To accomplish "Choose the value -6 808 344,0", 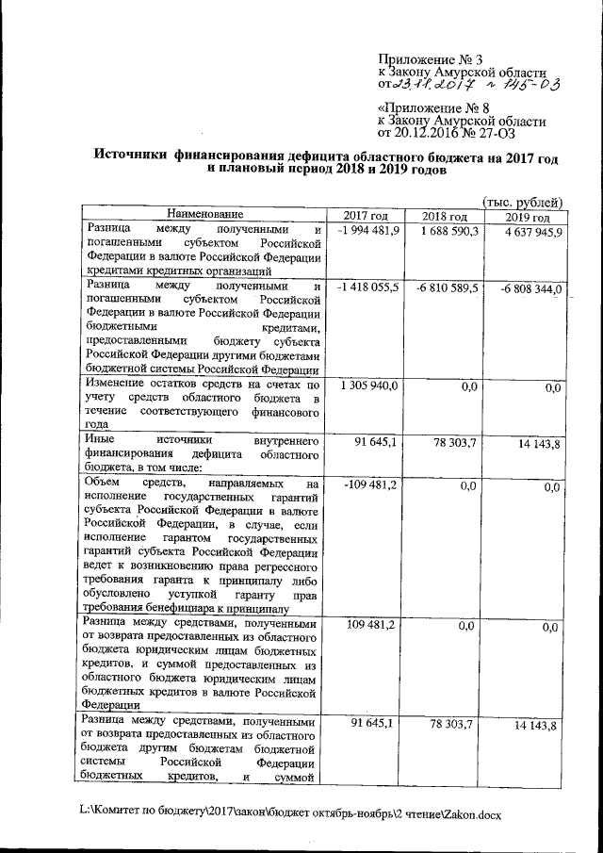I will (x=529, y=288).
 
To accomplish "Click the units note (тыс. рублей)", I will (x=522, y=202).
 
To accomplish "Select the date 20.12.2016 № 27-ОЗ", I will (x=468, y=133).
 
